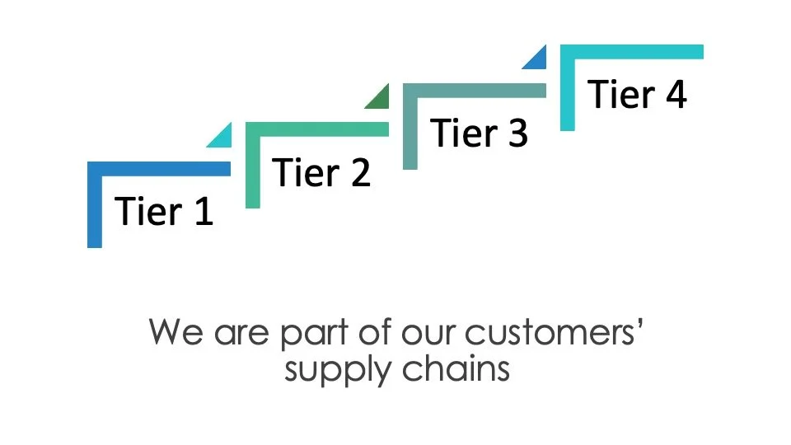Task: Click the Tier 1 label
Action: point(164,211)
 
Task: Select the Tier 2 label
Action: point(321,172)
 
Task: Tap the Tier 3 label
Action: point(479,133)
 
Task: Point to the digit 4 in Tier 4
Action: point(674,95)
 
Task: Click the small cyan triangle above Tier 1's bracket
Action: point(222,137)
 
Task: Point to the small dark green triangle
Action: point(380,98)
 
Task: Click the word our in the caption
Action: point(422,334)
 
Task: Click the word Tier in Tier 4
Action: point(620,95)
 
